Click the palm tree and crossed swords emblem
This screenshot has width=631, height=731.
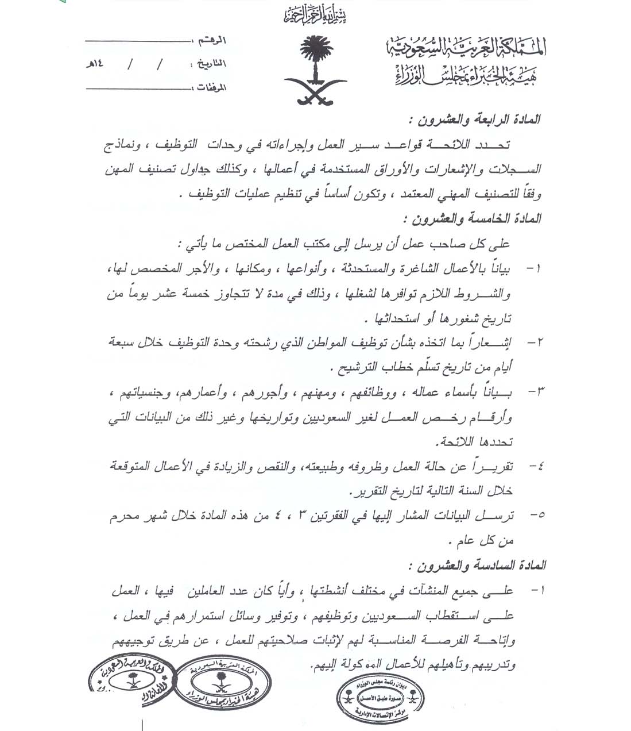point(314,70)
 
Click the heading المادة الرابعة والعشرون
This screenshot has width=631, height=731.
point(474,120)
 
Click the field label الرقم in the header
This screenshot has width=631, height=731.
point(212,41)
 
